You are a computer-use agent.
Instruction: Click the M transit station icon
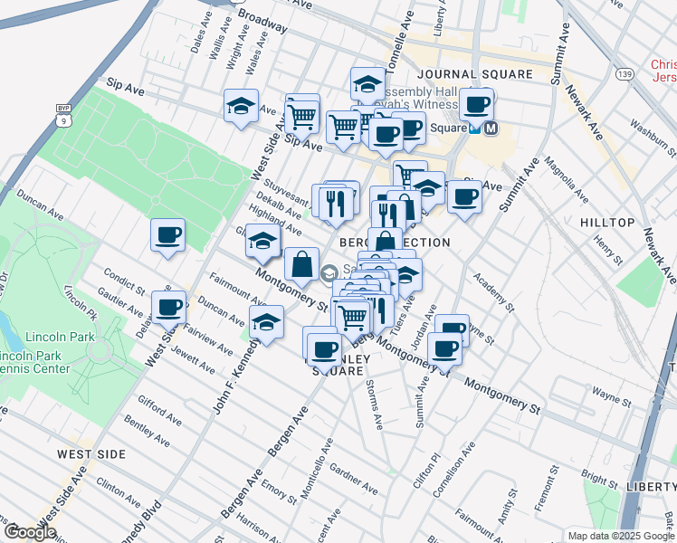(x=491, y=129)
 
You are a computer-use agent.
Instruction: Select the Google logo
(x=30, y=531)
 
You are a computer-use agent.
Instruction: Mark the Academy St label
(x=498, y=291)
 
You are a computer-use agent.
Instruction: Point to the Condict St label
(x=125, y=280)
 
